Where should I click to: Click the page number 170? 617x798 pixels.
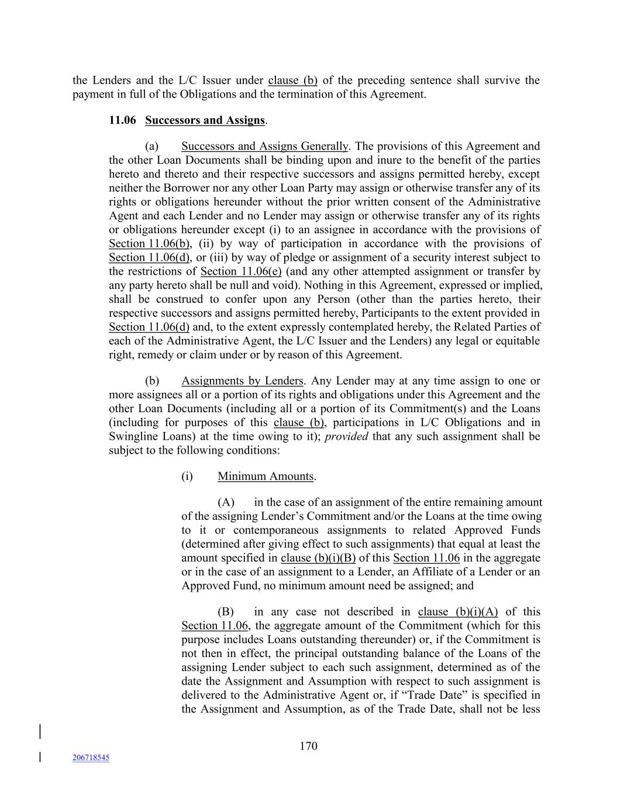[308, 746]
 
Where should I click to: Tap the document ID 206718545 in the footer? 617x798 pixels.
[91, 758]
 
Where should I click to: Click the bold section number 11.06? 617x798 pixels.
[122, 120]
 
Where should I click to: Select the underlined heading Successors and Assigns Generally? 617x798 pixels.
[264, 146]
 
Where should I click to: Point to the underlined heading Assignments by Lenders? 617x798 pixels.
[242, 381]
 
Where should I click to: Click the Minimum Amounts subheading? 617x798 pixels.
[266, 476]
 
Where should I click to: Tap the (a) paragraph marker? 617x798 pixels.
[151, 146]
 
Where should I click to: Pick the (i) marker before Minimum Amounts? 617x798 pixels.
[187, 476]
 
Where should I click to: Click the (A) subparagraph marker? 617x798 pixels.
[226, 502]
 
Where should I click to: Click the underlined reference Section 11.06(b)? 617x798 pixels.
[150, 244]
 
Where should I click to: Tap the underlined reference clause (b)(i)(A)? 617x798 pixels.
[458, 612]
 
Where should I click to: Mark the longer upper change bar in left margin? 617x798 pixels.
[40, 733]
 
